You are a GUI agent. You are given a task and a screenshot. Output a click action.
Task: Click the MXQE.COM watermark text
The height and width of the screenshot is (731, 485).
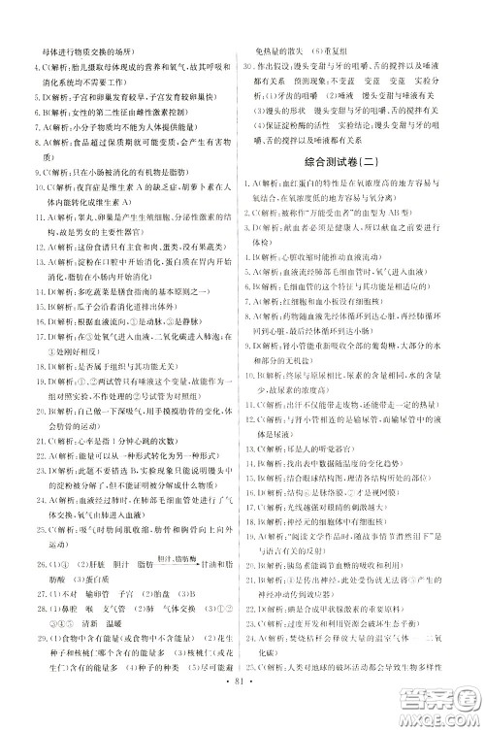point(442,714)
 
